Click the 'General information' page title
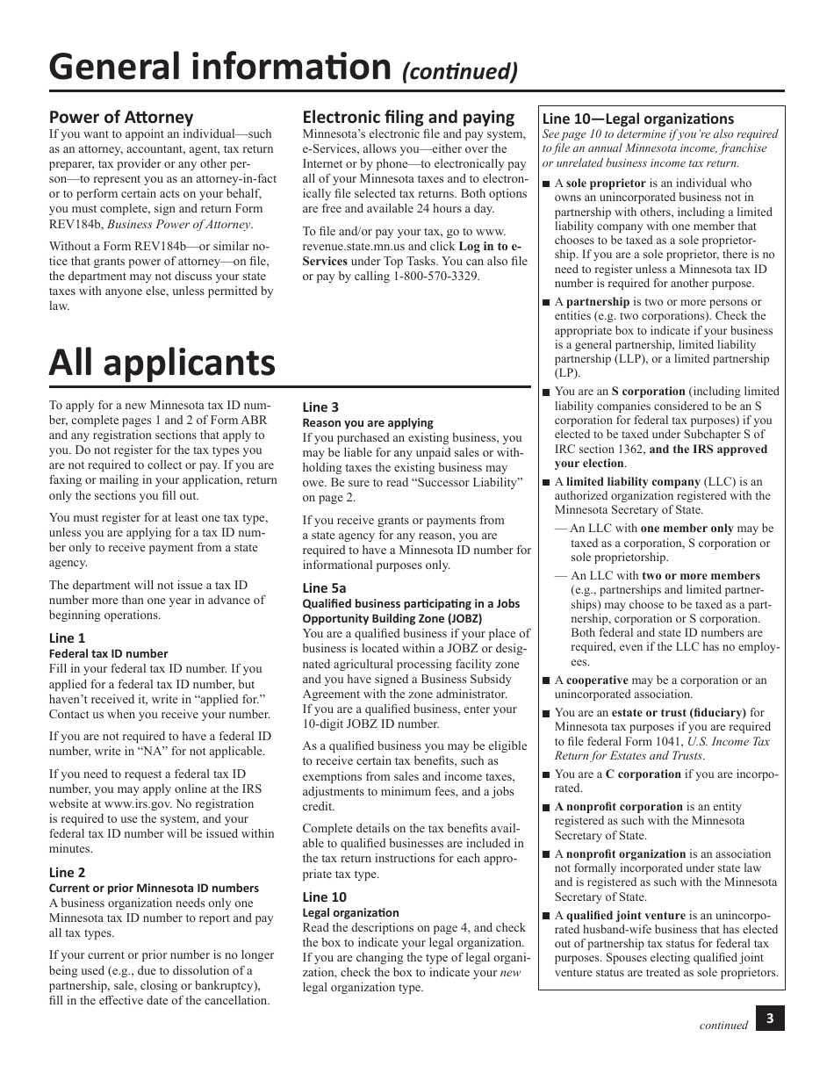(219, 67)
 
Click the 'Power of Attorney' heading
(120, 117)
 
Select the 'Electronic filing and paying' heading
(408, 117)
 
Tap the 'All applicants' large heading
(162, 362)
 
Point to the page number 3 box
(769, 1019)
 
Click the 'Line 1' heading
(67, 638)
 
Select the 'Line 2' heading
(67, 872)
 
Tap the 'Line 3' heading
(320, 407)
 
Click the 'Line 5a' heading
(324, 587)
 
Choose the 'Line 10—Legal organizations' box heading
(637, 119)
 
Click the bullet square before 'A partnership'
(546, 302)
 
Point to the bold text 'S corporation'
(648, 392)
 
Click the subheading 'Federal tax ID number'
(108, 653)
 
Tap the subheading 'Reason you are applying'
(368, 422)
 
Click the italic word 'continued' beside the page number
(723, 1025)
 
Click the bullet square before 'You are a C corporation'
(546, 775)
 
